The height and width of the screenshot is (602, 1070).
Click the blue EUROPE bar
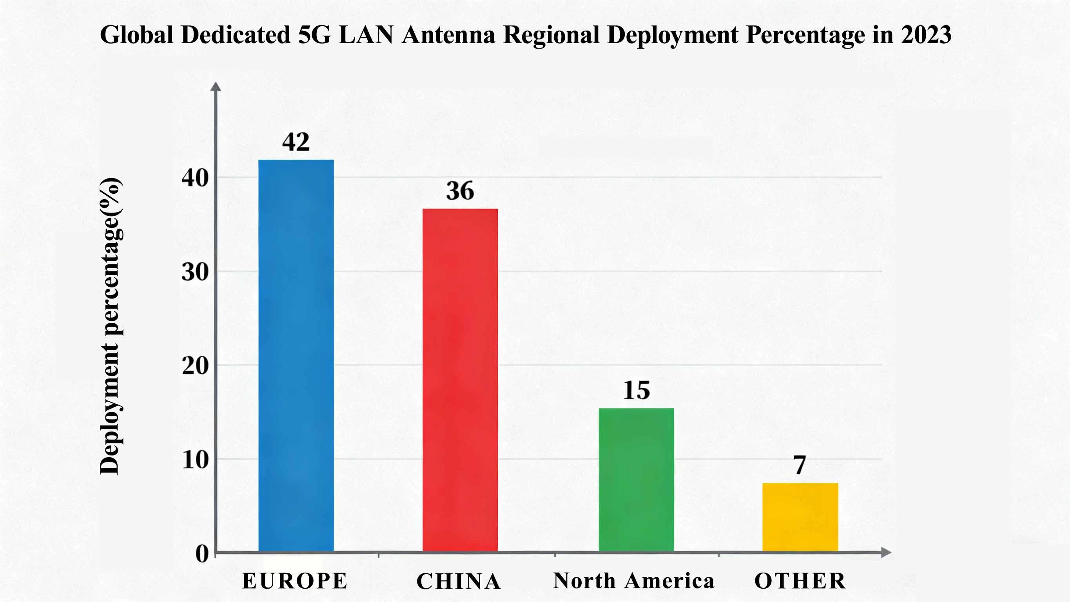pyautogui.click(x=296, y=355)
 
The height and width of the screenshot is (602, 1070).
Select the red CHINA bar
pyautogui.click(x=460, y=380)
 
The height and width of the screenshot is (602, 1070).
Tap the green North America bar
pyautogui.click(x=636, y=480)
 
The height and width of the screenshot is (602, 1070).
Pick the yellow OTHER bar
pyautogui.click(x=800, y=517)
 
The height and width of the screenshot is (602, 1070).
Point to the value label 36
pyautogui.click(x=460, y=191)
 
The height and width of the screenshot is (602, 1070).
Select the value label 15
pyautogui.click(x=636, y=390)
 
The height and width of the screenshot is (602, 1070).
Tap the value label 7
pyautogui.click(x=800, y=465)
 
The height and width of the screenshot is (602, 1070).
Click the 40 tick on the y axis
pyautogui.click(x=195, y=178)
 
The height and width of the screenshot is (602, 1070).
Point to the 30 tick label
pyautogui.click(x=195, y=273)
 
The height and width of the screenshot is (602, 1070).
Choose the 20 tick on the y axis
pyautogui.click(x=195, y=366)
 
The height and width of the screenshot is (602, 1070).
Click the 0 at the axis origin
pyautogui.click(x=202, y=554)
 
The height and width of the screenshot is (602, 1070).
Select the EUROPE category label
pyautogui.click(x=294, y=581)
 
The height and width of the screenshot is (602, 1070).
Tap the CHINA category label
pyautogui.click(x=459, y=581)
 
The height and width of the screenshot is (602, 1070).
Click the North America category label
pyautogui.click(x=633, y=581)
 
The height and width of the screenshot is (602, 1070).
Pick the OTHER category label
pyautogui.click(x=800, y=581)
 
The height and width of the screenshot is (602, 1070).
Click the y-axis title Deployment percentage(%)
pyautogui.click(x=111, y=326)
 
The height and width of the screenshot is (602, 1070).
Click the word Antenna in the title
pyautogui.click(x=448, y=35)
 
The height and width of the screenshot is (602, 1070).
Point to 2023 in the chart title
pyautogui.click(x=926, y=35)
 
